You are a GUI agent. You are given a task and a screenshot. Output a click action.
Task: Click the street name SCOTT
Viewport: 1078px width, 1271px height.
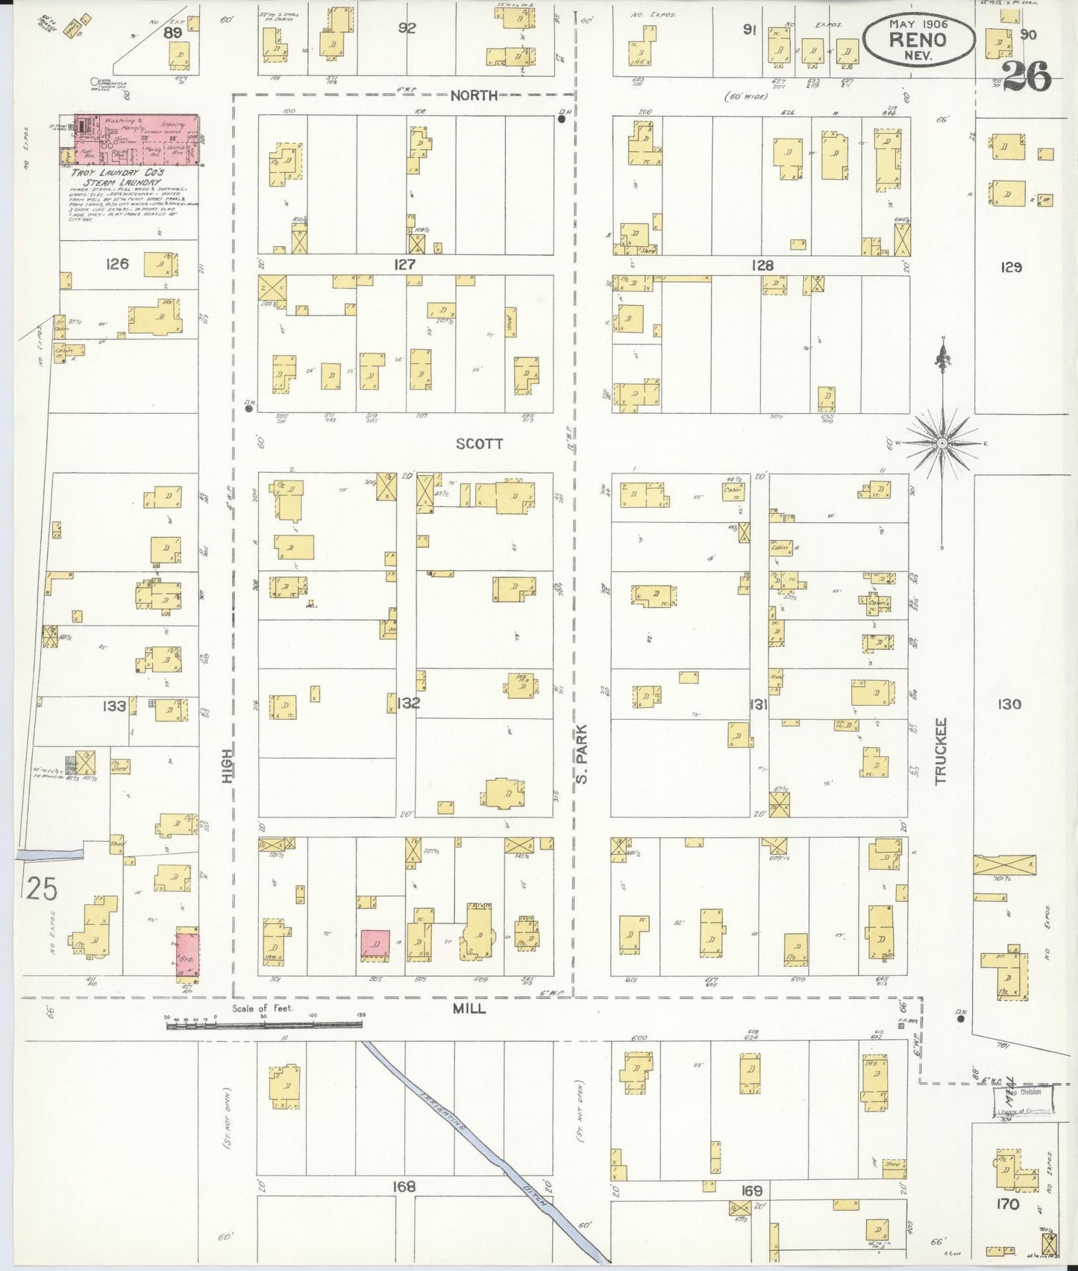pyautogui.click(x=479, y=444)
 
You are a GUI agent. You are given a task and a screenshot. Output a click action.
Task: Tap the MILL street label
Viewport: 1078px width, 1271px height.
pyautogui.click(x=469, y=1008)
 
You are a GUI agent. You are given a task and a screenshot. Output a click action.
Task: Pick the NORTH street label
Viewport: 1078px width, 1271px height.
pyautogui.click(x=474, y=95)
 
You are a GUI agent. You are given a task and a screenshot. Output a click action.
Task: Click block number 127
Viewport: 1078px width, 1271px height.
pyautogui.click(x=405, y=264)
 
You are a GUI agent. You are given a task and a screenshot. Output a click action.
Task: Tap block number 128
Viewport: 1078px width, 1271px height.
pyautogui.click(x=762, y=265)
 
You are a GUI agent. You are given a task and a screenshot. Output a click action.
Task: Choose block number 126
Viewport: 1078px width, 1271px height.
pyautogui.click(x=117, y=263)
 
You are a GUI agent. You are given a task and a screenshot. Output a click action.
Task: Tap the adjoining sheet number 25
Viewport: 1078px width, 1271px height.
pyautogui.click(x=42, y=888)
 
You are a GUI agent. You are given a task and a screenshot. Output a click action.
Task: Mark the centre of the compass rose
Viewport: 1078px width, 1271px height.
pyautogui.click(x=942, y=443)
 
